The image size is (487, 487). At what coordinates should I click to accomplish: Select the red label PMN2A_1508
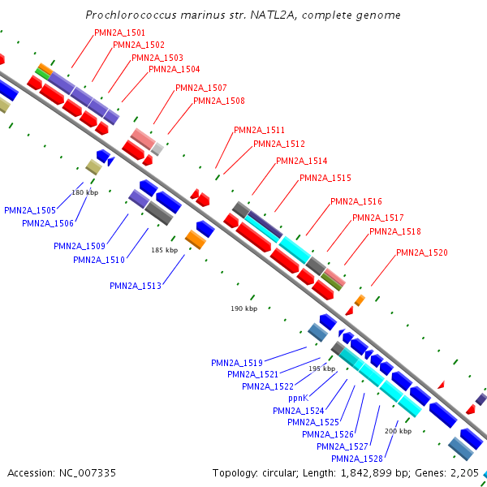click(x=218, y=101)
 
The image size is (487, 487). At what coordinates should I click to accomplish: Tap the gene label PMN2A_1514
click(x=302, y=161)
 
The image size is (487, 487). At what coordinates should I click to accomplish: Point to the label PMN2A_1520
click(x=422, y=252)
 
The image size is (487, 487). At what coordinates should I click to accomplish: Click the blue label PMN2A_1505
click(x=30, y=210)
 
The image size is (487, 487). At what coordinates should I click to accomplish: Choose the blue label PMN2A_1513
click(x=136, y=286)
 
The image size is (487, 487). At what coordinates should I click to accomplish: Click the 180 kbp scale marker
click(x=84, y=192)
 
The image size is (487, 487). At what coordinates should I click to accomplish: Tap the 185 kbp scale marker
click(x=164, y=251)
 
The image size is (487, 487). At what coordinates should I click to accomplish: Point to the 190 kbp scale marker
click(x=243, y=309)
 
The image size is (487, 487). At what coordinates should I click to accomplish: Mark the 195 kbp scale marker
click(x=321, y=368)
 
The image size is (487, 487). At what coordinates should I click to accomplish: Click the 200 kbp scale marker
click(x=398, y=431)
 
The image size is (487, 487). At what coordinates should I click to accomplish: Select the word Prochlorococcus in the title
click(x=129, y=15)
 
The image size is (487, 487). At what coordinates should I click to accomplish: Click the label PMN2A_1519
click(x=237, y=363)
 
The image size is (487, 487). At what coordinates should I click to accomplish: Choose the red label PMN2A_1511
click(x=259, y=130)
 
